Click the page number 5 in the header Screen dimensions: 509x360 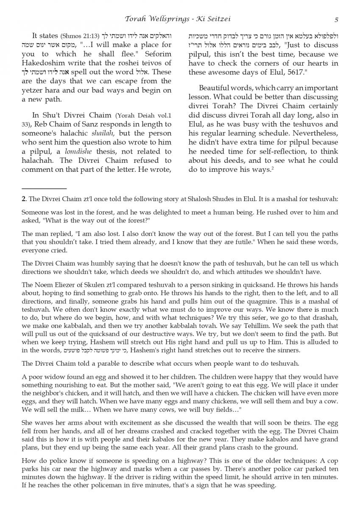click(336, 20)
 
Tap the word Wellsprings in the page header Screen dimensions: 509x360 click(164, 19)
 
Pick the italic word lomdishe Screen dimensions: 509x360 click(87, 151)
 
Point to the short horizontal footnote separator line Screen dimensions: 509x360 click(44, 188)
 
